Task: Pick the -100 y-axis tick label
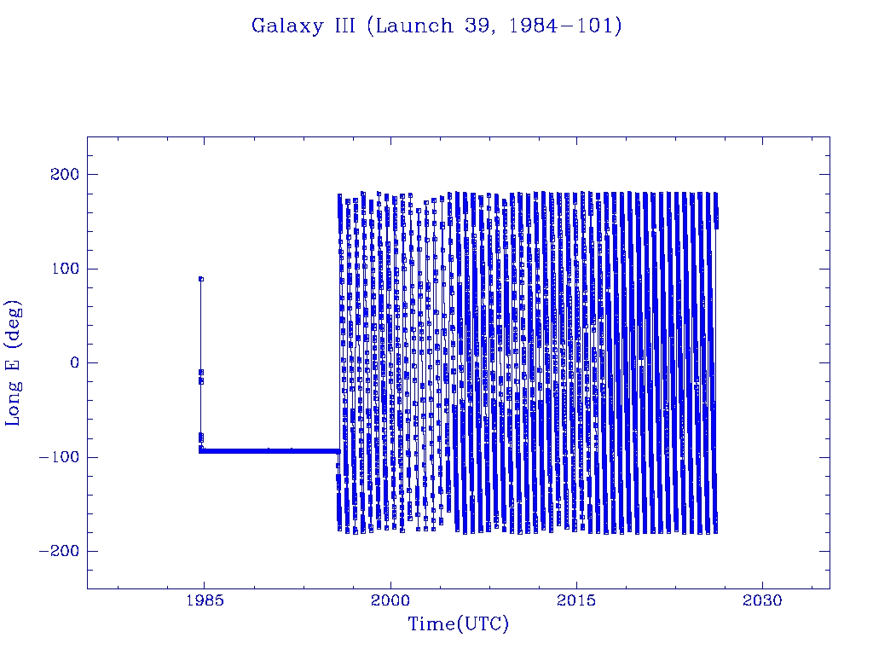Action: tap(56, 457)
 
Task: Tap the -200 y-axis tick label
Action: tap(56, 551)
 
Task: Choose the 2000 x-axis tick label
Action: tap(390, 600)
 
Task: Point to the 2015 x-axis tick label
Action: tap(577, 600)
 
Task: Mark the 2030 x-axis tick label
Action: tap(763, 600)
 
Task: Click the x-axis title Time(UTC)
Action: tap(458, 624)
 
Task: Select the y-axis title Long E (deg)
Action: tap(14, 362)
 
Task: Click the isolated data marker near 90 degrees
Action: tap(200, 278)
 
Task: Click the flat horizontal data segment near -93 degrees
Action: tap(273, 450)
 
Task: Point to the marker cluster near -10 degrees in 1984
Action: tap(201, 374)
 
